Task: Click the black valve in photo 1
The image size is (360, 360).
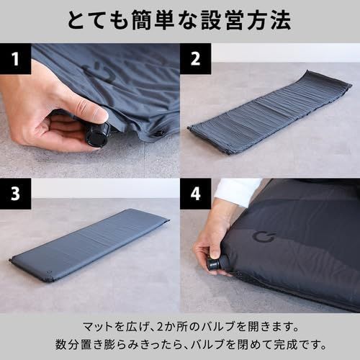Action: [97, 135]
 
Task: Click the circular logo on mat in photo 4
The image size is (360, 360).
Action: [261, 238]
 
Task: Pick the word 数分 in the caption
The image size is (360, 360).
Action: [68, 341]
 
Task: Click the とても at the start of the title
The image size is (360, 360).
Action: [94, 20]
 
